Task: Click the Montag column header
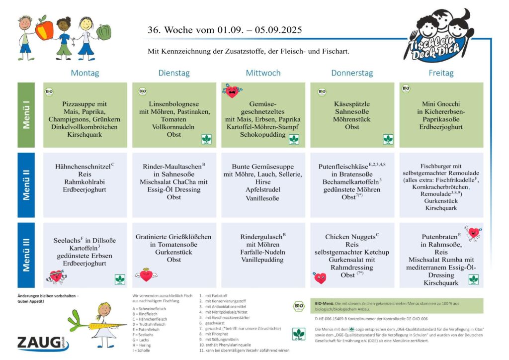click(85, 73)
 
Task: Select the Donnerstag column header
click(352, 73)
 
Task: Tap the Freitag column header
click(441, 73)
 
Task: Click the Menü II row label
click(26, 185)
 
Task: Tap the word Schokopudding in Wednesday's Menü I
click(262, 134)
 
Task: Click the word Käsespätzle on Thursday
click(352, 104)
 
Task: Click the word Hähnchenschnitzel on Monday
click(83, 166)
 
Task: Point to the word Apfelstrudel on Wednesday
click(262, 189)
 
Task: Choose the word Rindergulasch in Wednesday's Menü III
click(261, 237)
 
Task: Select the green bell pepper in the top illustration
click(103, 32)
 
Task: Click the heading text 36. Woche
click(174, 30)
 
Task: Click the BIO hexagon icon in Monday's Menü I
click(50, 91)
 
